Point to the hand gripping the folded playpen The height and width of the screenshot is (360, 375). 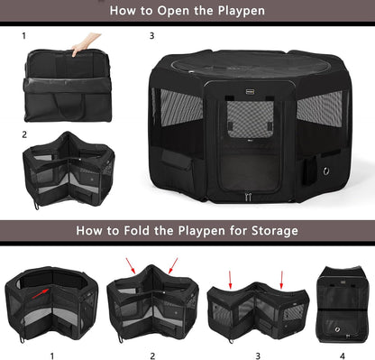tap(84, 42)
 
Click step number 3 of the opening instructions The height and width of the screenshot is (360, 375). tap(151, 36)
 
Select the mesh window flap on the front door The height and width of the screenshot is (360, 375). tap(243, 139)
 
